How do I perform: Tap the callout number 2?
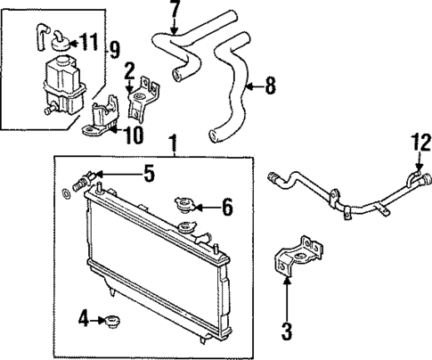[x=130, y=71]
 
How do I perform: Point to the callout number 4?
[x=82, y=317]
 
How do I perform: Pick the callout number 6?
[x=227, y=209]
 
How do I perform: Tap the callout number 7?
[x=175, y=11]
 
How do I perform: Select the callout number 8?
[x=271, y=86]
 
